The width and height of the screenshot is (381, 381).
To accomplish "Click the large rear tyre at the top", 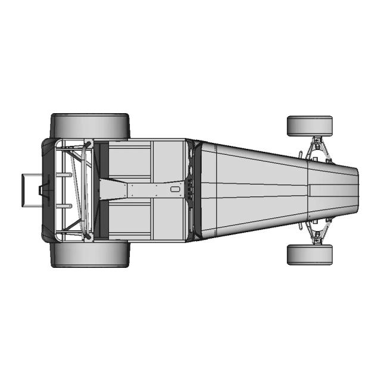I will point(89,125).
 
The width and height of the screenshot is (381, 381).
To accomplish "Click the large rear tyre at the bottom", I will point(89,254).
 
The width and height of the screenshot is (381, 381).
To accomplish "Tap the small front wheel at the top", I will point(310,126).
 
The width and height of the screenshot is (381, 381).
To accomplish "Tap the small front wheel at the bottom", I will point(310,254).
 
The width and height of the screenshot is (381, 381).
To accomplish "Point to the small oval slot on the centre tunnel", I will point(174,189).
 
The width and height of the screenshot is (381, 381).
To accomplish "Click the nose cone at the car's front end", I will point(333,190).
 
